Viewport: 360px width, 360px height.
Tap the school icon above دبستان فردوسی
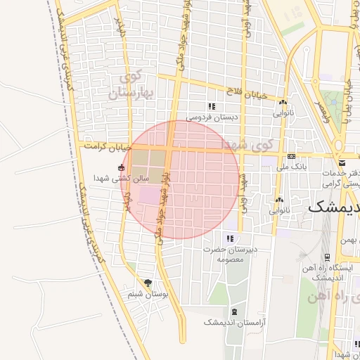210,106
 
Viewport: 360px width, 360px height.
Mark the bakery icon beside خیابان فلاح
282,101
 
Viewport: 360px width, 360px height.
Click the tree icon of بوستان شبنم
148,282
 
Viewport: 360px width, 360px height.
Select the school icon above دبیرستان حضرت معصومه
229,238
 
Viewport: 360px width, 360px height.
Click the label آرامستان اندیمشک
228,321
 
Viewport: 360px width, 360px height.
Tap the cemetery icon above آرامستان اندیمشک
234,311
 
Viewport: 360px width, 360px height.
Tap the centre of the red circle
181,179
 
